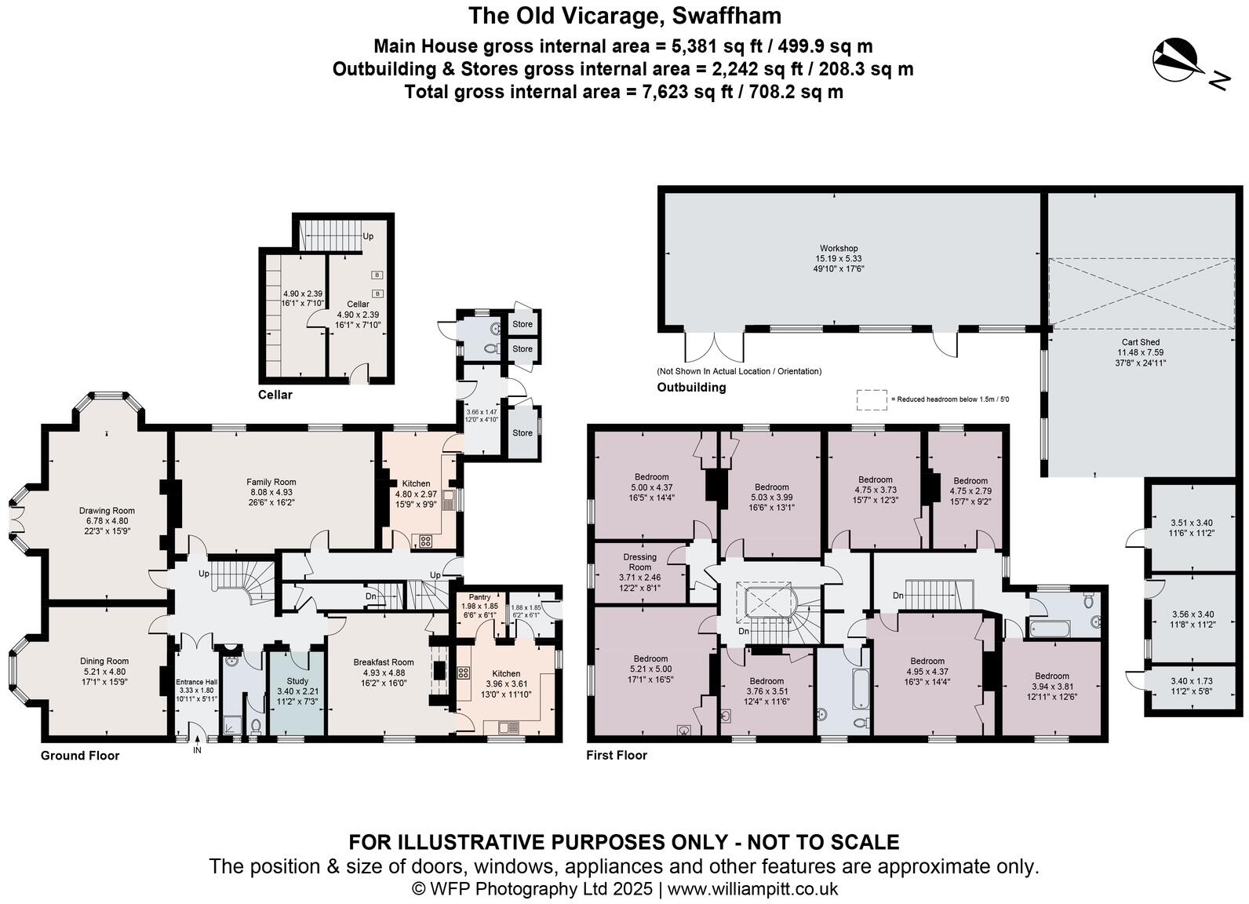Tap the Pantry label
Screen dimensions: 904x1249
tap(479, 597)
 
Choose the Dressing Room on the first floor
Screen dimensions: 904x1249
tap(639, 562)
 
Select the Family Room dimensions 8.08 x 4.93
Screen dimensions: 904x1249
tap(271, 492)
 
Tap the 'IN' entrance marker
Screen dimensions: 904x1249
tap(197, 750)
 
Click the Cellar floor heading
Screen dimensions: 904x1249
tap(275, 395)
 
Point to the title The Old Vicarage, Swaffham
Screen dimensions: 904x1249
tap(624, 16)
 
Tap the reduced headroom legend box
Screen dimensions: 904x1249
tap(871, 399)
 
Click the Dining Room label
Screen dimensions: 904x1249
tap(104, 661)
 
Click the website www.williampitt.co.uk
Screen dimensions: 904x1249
tap(752, 889)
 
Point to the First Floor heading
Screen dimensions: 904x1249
tap(617, 755)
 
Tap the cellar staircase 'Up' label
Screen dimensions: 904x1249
tap(367, 236)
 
